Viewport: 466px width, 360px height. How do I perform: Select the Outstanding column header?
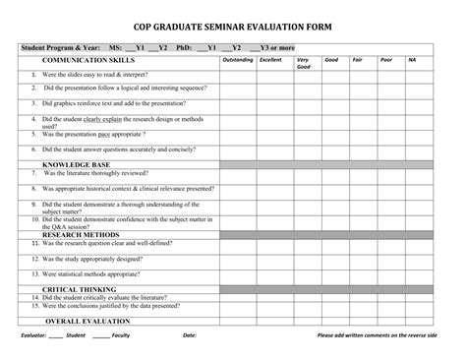click(238, 60)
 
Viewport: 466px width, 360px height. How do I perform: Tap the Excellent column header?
click(269, 60)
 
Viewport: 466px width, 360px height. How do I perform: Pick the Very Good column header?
click(303, 63)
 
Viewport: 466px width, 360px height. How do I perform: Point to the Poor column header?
click(385, 60)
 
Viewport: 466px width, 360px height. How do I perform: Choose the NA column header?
click(412, 60)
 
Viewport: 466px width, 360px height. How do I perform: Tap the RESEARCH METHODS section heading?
click(80, 236)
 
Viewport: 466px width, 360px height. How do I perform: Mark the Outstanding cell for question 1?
click(238, 76)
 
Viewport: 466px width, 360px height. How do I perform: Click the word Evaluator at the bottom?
click(33, 335)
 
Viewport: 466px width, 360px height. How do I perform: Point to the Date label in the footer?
click(190, 335)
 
